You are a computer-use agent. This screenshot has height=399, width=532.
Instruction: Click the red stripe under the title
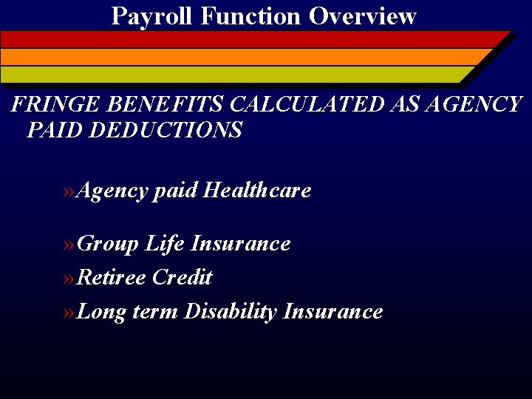[x=251, y=39]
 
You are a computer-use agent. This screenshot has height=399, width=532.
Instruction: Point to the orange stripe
[x=244, y=57]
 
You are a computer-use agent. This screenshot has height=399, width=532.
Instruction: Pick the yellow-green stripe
[x=236, y=75]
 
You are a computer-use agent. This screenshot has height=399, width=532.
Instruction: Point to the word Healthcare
[x=256, y=191]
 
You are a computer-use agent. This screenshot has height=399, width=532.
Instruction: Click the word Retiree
[x=111, y=278]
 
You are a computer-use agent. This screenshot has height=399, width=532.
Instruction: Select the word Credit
[x=182, y=278]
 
